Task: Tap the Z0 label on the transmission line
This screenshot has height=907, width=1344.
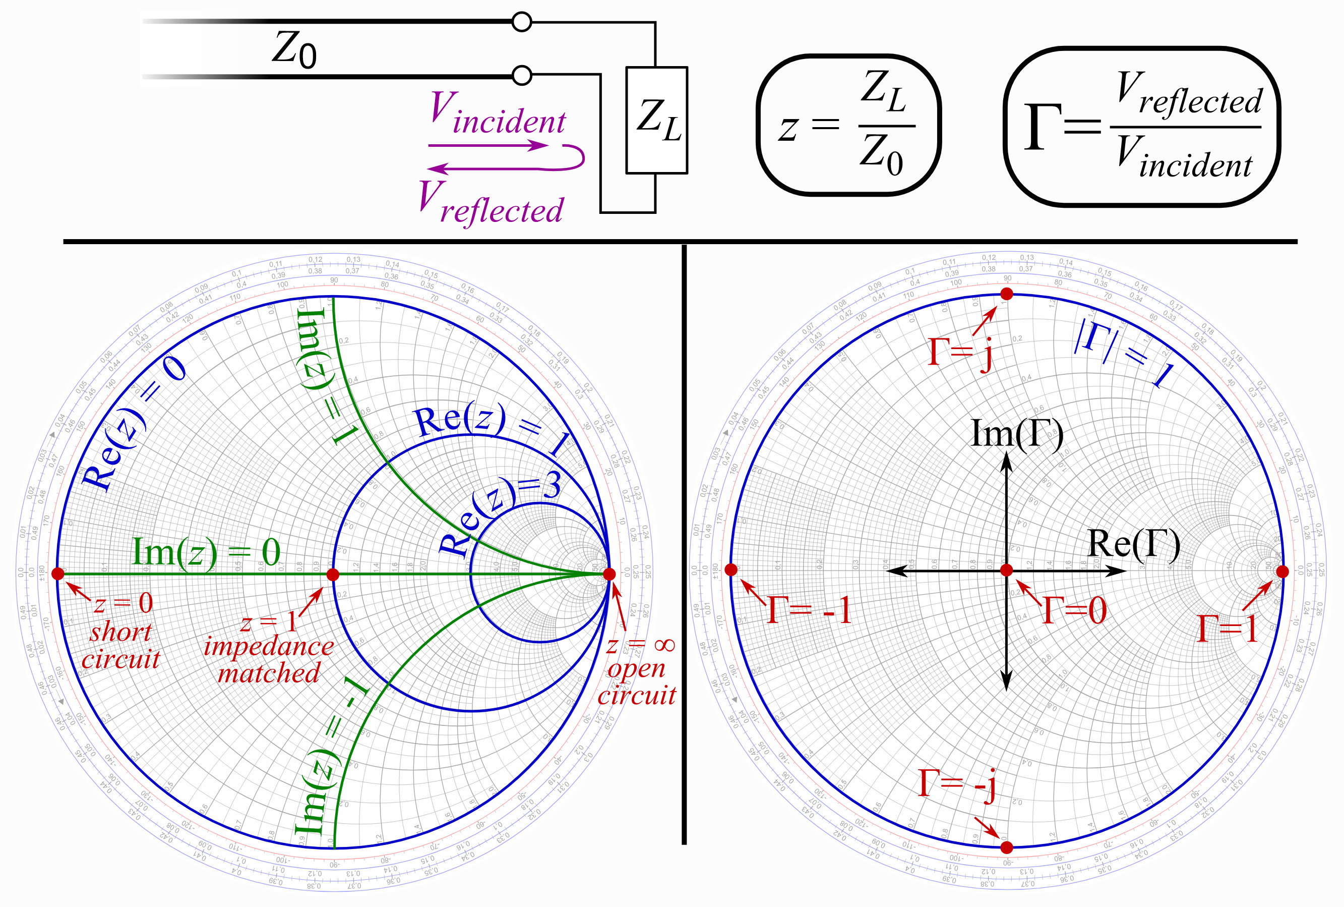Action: pyautogui.click(x=294, y=50)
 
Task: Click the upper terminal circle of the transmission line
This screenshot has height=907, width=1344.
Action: pyautogui.click(x=521, y=23)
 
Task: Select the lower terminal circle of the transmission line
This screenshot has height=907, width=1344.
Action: pyautogui.click(x=522, y=75)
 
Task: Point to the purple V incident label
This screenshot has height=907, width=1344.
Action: pyautogui.click(x=498, y=114)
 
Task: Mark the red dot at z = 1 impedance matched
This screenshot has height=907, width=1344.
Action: pyautogui.click(x=333, y=575)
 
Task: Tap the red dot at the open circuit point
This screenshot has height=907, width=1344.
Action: pyautogui.click(x=609, y=574)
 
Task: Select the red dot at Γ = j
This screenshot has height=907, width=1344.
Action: pyautogui.click(x=1006, y=294)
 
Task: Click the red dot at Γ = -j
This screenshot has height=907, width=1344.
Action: pyautogui.click(x=1006, y=847)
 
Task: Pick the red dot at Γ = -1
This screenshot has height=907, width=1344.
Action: pyautogui.click(x=731, y=570)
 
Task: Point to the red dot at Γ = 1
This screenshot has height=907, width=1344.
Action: pyautogui.click(x=1282, y=572)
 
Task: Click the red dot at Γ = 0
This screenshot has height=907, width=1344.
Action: pyautogui.click(x=1006, y=571)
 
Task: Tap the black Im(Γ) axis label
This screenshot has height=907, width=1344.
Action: pyautogui.click(x=1017, y=433)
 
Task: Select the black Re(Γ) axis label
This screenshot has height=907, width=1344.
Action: pyautogui.click(x=1134, y=544)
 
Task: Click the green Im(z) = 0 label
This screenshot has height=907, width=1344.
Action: pyautogui.click(x=206, y=552)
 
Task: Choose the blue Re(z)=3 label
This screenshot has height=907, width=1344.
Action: pyautogui.click(x=500, y=515)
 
